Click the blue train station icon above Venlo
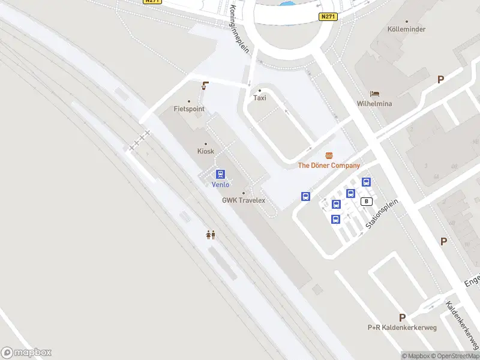(221, 174)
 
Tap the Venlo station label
(221, 185)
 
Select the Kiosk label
(206, 151)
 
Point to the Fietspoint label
(189, 109)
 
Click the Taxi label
(260, 98)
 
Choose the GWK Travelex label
(244, 200)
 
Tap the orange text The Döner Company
(329, 166)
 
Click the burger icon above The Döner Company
(329, 155)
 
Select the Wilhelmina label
(374, 104)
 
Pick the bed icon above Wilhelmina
(375, 94)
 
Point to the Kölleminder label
(406, 29)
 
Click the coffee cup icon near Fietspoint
(206, 86)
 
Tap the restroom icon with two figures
(211, 235)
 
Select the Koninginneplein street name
(239, 30)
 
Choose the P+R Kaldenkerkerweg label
(402, 328)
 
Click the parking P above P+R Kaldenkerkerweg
(402, 317)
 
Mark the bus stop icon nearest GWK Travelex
(305, 196)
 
